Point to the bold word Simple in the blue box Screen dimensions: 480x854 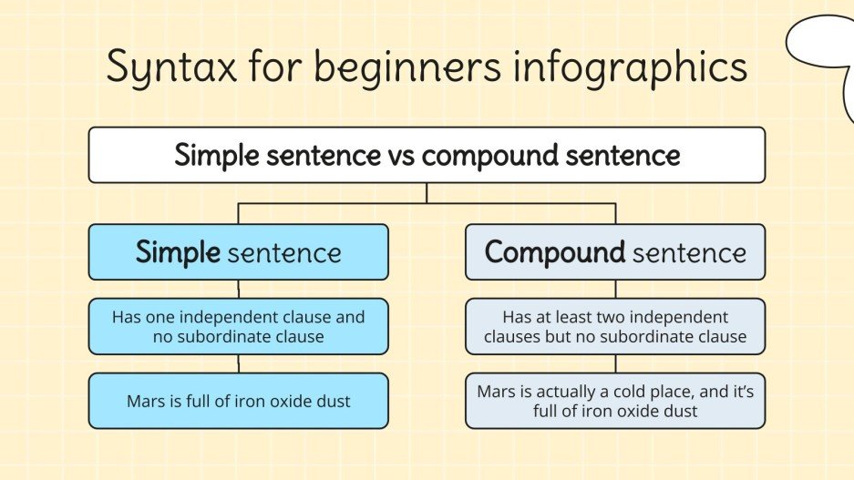178,252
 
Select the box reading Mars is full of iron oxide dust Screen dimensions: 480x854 239,401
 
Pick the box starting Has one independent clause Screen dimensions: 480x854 239,327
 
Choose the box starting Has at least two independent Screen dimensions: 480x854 615,327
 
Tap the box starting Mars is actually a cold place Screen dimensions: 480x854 615,401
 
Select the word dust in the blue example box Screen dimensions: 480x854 333,402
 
